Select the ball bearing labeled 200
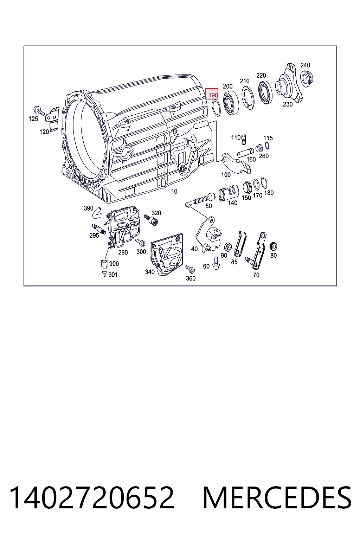coord(231,103)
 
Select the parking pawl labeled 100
coord(236,163)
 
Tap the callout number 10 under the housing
coord(174,191)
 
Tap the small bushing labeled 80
coord(273,246)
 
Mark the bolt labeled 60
coord(216,263)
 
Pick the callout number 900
coord(114,264)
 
